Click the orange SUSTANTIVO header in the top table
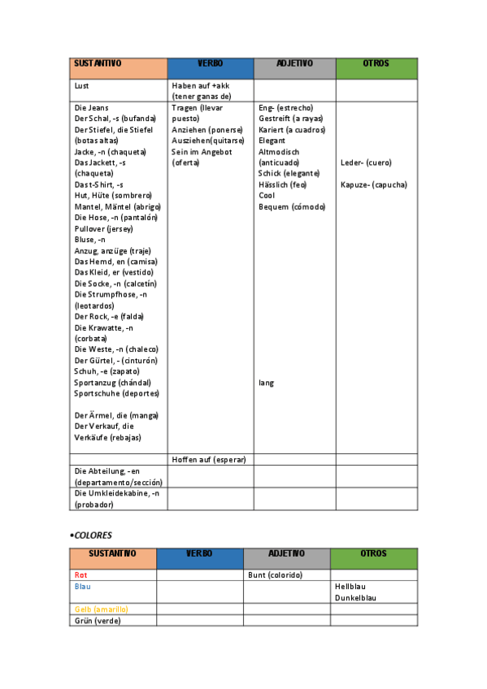[x=98, y=63]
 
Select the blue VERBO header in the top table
[x=210, y=63]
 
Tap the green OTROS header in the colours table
[x=374, y=553]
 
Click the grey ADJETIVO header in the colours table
[x=286, y=553]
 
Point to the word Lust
[x=81, y=85]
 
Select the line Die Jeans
[x=91, y=107]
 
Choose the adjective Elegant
[x=272, y=141]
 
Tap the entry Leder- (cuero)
[x=366, y=162]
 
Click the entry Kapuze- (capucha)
[x=374, y=184]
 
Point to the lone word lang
[x=266, y=382]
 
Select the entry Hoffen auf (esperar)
[x=209, y=459]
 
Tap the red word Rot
[x=80, y=574]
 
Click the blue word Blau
[x=82, y=586]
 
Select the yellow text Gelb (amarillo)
[x=102, y=609]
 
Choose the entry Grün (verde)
[x=98, y=620]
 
